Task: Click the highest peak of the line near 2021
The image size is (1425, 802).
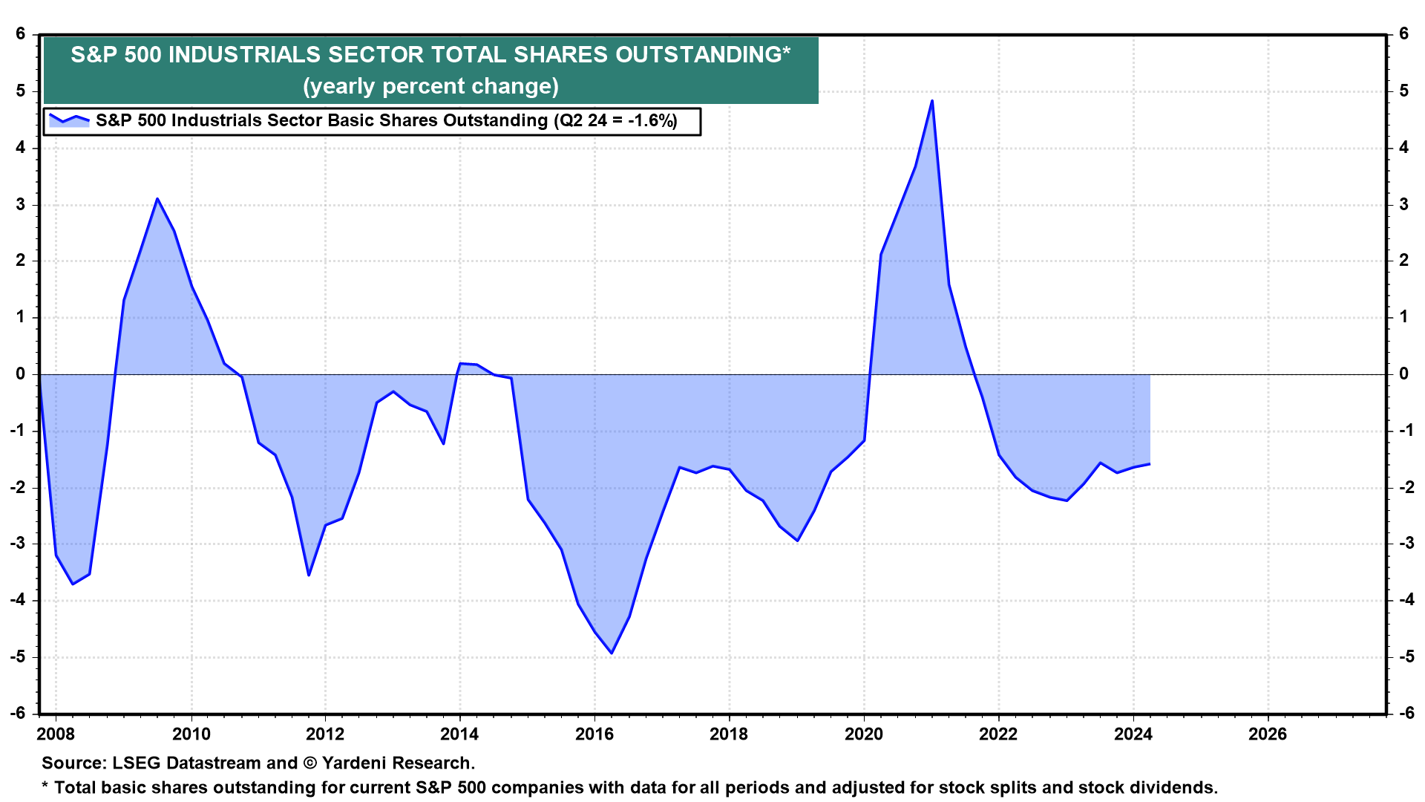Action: click(x=931, y=101)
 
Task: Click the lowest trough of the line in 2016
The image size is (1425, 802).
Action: click(x=612, y=653)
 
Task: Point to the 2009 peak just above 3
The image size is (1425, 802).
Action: click(x=157, y=199)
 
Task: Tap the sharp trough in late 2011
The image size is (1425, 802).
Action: click(x=309, y=575)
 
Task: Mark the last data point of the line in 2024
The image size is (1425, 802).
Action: click(x=1150, y=464)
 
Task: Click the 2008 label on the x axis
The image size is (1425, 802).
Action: click(x=56, y=734)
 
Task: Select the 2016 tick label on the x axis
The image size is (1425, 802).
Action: click(x=594, y=734)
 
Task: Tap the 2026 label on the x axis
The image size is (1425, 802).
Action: click(x=1268, y=734)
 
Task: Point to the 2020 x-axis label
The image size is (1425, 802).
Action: click(x=864, y=734)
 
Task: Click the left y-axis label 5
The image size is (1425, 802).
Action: click(x=20, y=91)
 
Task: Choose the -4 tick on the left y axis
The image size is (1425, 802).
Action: click(x=17, y=600)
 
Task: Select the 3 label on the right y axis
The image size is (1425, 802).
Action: click(x=1403, y=204)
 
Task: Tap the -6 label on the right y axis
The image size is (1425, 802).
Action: click(x=1406, y=713)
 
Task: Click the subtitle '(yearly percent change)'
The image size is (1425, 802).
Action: click(x=430, y=86)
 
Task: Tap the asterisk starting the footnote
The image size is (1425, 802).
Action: click(x=45, y=786)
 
